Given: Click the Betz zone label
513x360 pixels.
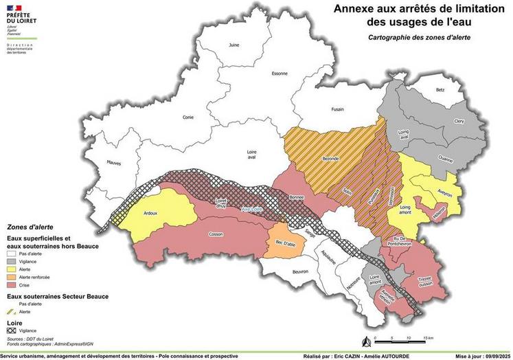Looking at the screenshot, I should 440,90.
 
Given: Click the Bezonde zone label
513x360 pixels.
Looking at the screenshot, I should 330,158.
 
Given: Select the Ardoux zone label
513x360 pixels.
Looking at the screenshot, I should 150,213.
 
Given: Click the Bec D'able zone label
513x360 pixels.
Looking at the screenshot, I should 286,243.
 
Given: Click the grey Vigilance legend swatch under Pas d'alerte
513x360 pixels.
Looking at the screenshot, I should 12,261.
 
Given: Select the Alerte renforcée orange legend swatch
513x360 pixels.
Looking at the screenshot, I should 12,277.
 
